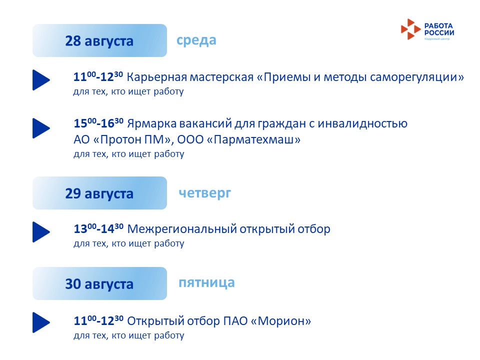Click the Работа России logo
(427, 29)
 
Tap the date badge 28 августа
(99, 40)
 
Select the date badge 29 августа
(99, 193)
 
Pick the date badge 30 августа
(99, 283)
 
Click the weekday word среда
(196, 40)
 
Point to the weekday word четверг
(205, 193)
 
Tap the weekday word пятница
(206, 283)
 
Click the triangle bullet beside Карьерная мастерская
(41, 80)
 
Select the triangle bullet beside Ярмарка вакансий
(41, 128)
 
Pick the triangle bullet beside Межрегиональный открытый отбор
(41, 232)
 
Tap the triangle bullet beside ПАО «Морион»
(41, 322)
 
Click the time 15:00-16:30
(98, 123)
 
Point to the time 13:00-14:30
(98, 228)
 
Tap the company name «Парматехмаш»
(254, 139)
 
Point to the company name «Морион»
(281, 321)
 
